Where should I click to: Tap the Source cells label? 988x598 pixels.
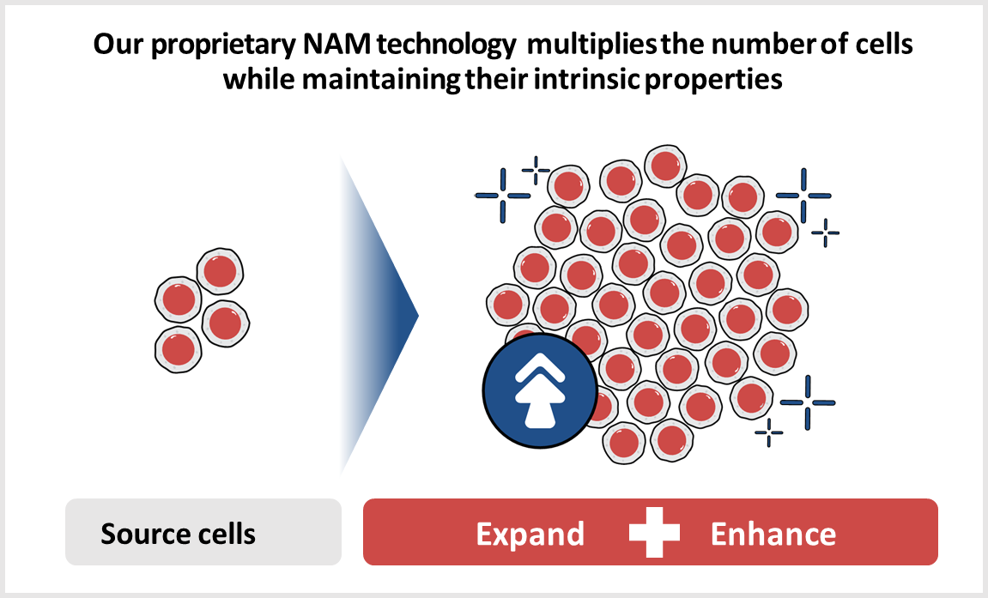click(179, 534)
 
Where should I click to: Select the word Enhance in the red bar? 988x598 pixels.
click(773, 534)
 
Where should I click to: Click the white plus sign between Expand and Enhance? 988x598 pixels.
click(654, 533)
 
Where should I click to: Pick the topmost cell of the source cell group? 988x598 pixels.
click(220, 271)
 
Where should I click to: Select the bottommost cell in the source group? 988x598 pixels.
click(179, 349)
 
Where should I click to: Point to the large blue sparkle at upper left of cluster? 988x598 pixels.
click(503, 196)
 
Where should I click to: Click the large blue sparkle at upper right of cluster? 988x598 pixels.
click(803, 196)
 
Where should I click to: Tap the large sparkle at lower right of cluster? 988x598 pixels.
click(808, 402)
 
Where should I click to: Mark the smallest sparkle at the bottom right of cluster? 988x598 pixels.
click(769, 432)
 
